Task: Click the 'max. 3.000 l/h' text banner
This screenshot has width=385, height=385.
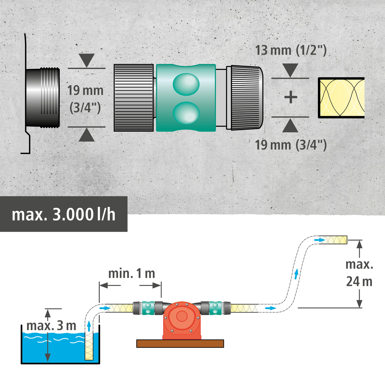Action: pyautogui.click(x=64, y=214)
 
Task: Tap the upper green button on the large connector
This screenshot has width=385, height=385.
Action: pyautogui.click(x=186, y=84)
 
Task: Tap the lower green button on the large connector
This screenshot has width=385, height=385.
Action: pyautogui.click(x=186, y=113)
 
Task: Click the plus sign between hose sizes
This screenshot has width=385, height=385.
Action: pyautogui.click(x=291, y=97)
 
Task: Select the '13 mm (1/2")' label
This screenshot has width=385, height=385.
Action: pyautogui.click(x=291, y=51)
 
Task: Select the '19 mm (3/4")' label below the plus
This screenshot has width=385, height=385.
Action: pyautogui.click(x=291, y=145)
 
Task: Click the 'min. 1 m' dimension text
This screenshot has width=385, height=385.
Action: pyautogui.click(x=132, y=274)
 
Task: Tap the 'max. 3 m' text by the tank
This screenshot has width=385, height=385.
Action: pyautogui.click(x=51, y=326)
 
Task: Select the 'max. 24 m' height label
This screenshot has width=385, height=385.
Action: pyautogui.click(x=359, y=273)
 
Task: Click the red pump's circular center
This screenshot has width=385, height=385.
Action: pyautogui.click(x=182, y=316)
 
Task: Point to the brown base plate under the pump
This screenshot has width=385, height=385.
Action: pyautogui.click(x=180, y=344)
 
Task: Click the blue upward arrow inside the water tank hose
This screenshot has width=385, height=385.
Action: pyautogui.click(x=89, y=327)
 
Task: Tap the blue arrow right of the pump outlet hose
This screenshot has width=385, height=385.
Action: pyautogui.click(x=270, y=308)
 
